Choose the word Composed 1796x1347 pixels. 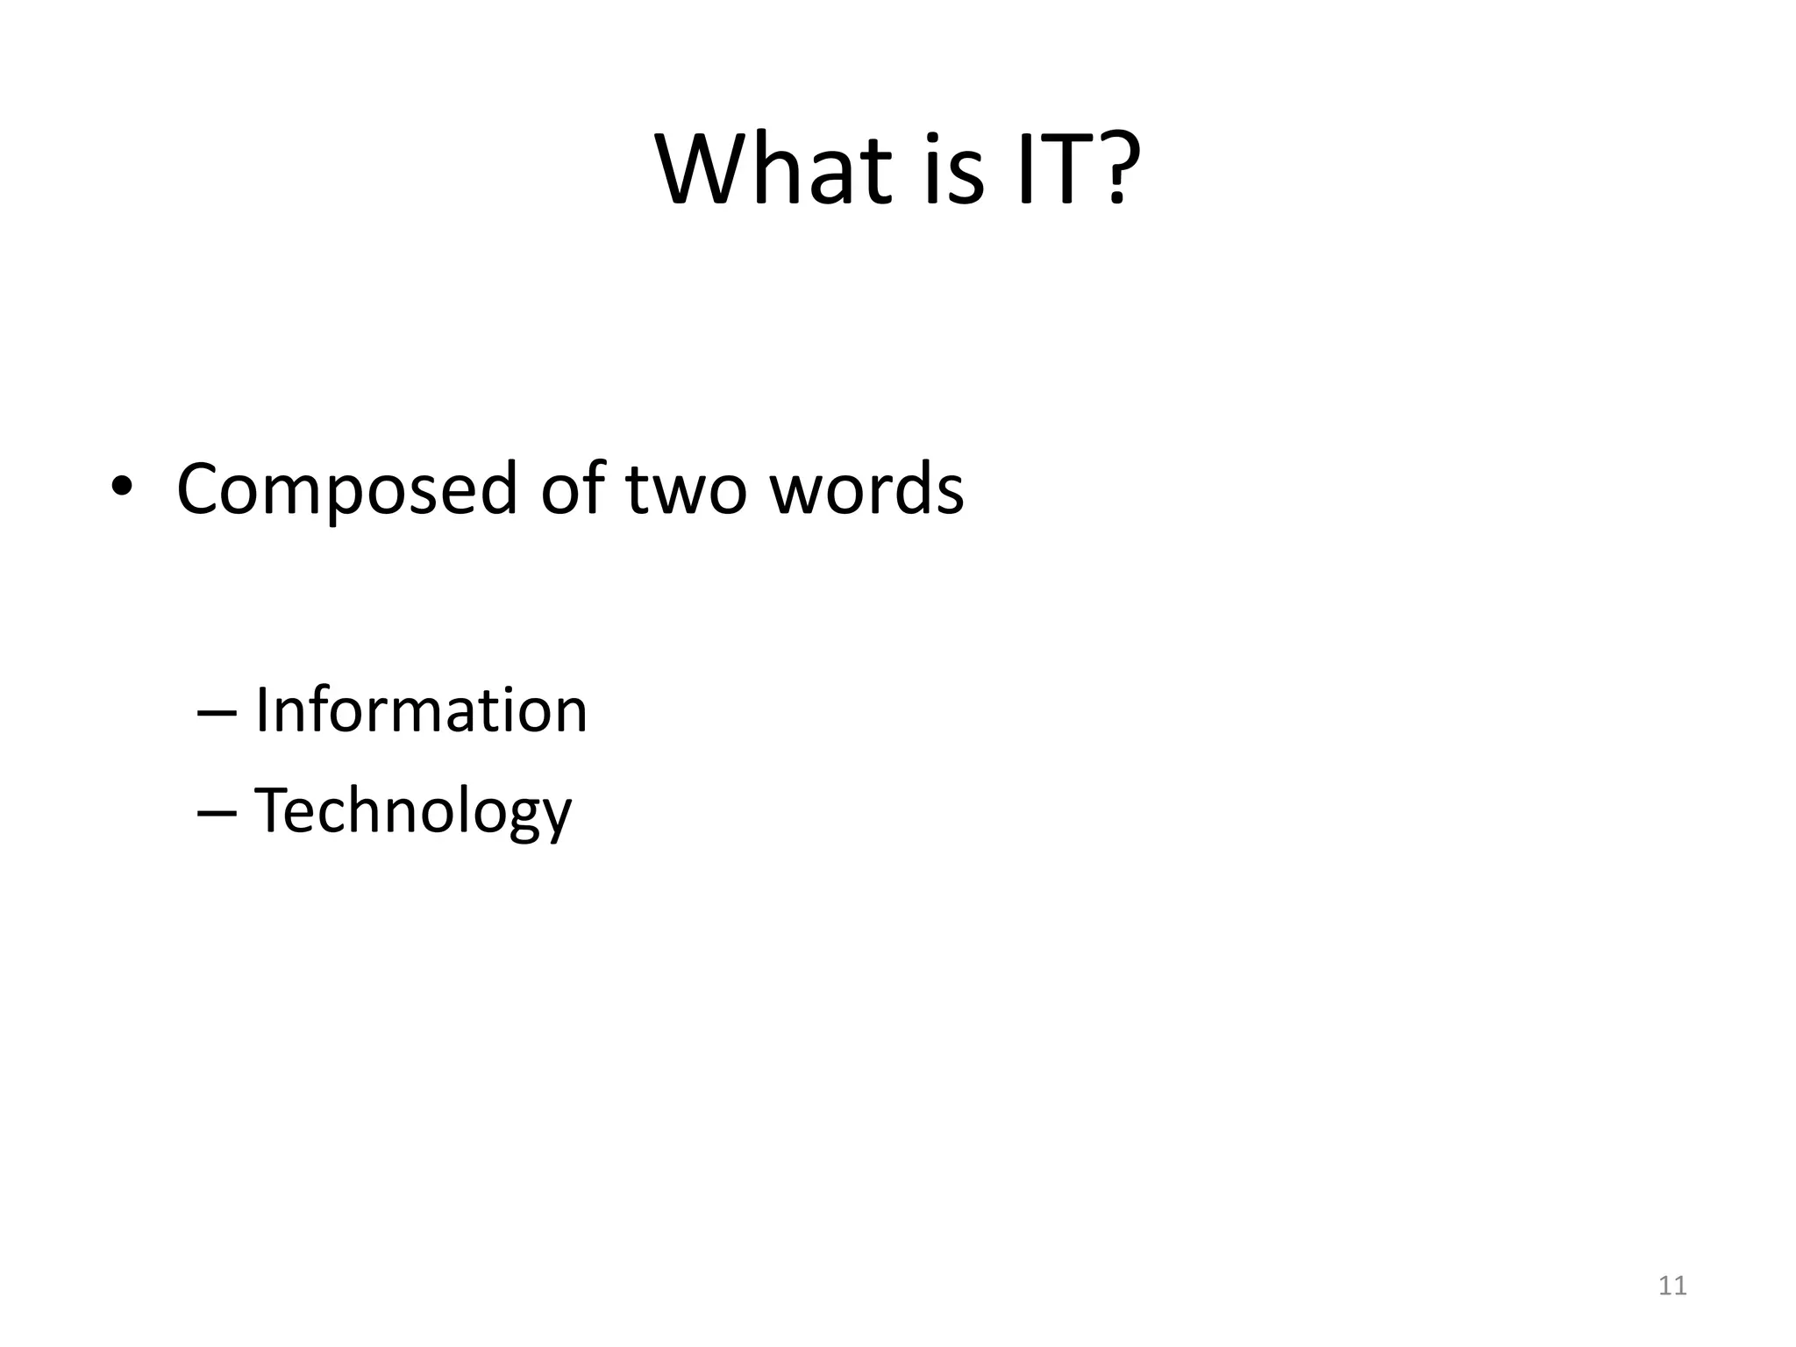346,489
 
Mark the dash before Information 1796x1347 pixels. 217,713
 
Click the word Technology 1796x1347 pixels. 412,812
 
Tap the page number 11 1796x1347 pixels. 1672,1286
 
